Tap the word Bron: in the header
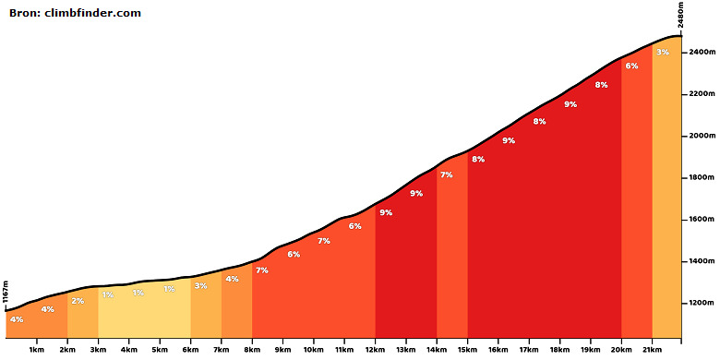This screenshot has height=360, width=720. (x=25, y=13)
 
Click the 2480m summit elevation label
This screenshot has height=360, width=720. (x=681, y=14)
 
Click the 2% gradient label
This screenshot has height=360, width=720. (x=78, y=301)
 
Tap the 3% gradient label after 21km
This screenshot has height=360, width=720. (x=663, y=53)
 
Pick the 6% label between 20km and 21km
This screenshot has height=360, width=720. (x=631, y=66)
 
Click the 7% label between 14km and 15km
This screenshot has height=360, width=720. (x=447, y=174)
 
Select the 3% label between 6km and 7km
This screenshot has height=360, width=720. (x=200, y=285)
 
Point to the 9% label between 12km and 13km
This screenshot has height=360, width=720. (x=386, y=212)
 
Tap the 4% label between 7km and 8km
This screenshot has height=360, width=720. (x=232, y=279)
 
